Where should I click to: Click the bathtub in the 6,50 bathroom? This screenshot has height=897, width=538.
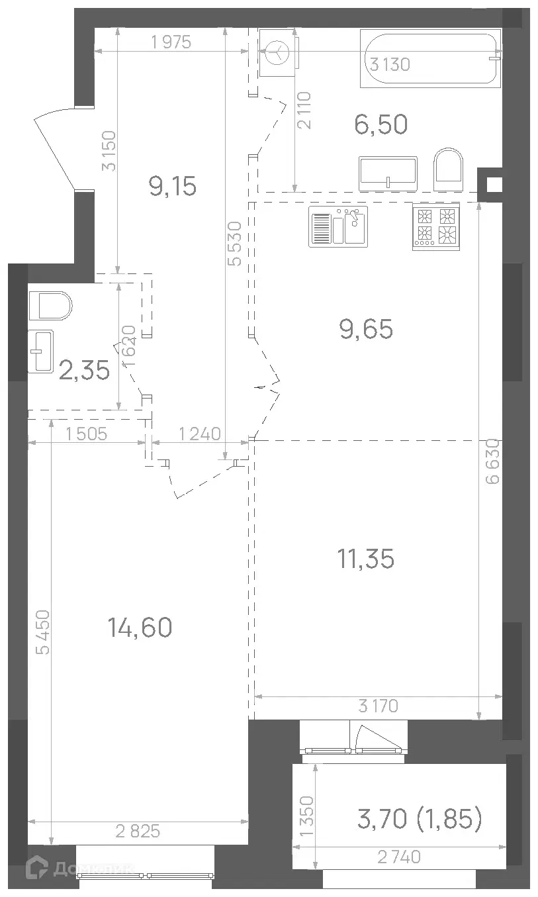coord(431,58)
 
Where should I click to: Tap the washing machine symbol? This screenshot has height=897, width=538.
coord(279,52)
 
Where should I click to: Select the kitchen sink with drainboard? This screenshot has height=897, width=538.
coord(338,226)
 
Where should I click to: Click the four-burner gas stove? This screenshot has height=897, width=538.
coord(436,227)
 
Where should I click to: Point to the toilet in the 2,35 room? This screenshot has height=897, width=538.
coord(50,306)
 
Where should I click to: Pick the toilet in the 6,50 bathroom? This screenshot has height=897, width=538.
coord(449,169)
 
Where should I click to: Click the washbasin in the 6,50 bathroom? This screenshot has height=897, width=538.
coord(388,173)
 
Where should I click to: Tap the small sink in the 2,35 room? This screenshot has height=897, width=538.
coord(40,352)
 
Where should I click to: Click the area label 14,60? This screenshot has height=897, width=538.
coord(140,627)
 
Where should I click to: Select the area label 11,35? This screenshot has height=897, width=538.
coord(366,559)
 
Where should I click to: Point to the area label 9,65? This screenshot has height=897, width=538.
coord(366,329)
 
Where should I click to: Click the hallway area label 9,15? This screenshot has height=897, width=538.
coord(173,186)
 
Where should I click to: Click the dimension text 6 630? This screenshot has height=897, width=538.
coord(493,461)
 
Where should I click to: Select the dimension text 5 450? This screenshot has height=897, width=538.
coord(43,632)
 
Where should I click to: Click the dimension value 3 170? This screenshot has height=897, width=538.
coord(379,706)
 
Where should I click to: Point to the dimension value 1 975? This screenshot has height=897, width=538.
coord(171,42)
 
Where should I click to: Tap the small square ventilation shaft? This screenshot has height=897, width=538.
coord(490,185)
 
